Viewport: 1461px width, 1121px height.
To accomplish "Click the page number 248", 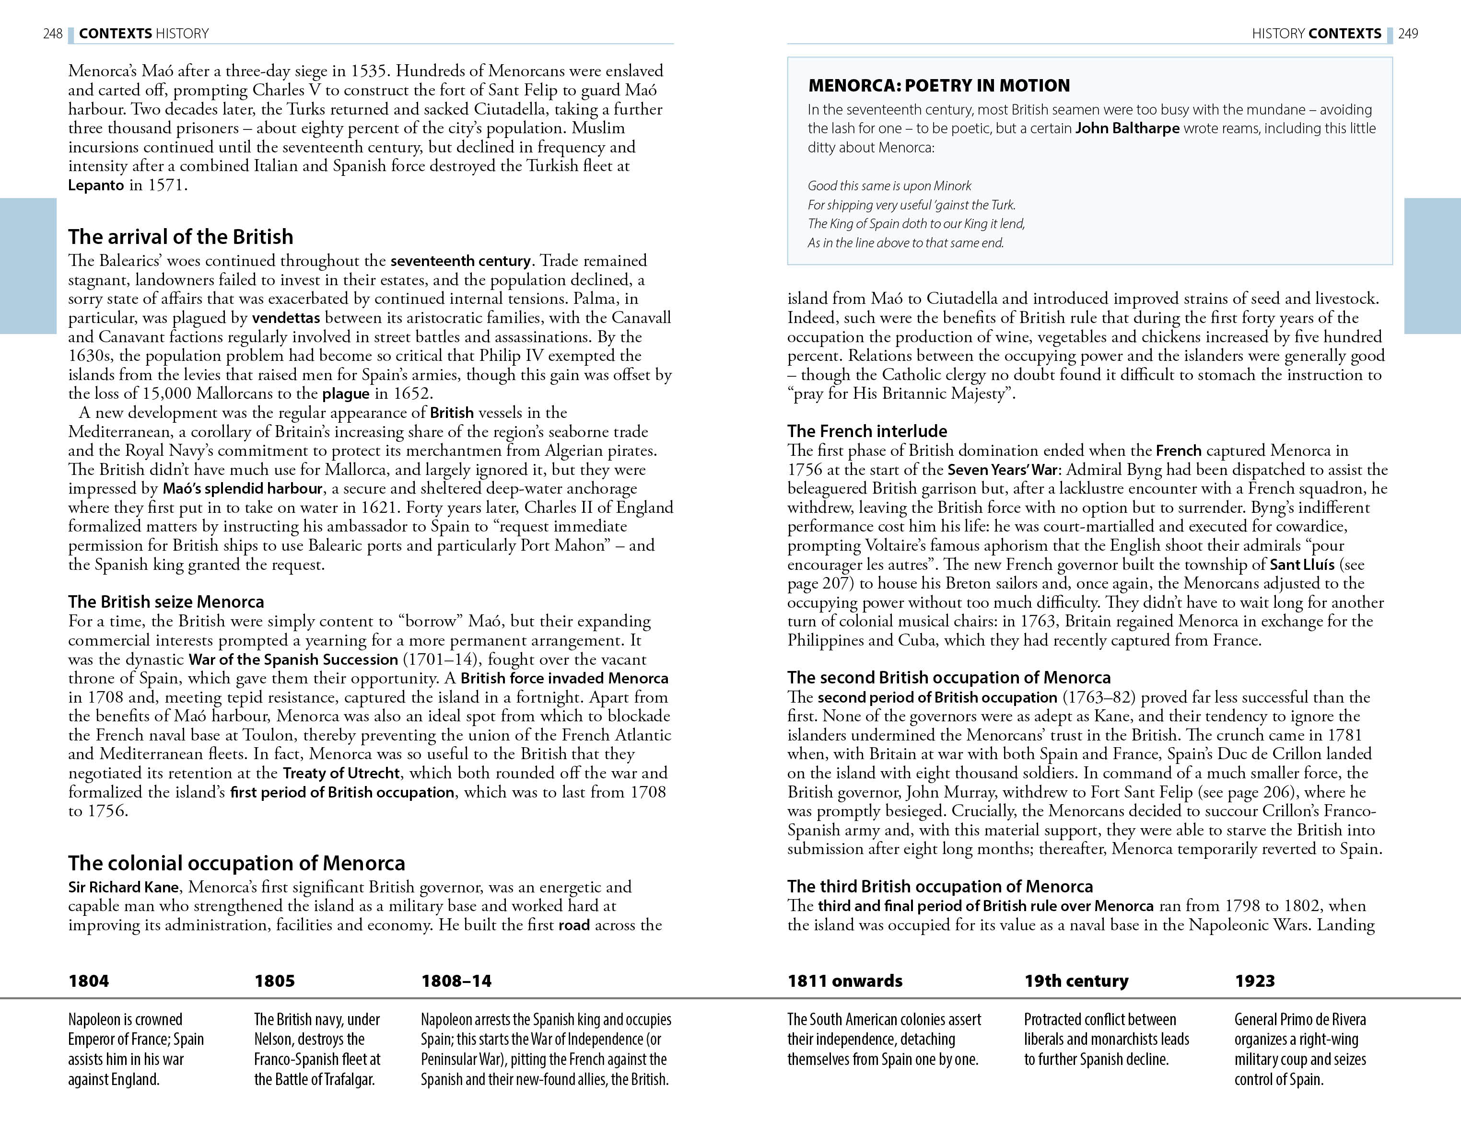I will pyautogui.click(x=53, y=34).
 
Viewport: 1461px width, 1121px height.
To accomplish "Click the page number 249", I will pyautogui.click(x=1408, y=34).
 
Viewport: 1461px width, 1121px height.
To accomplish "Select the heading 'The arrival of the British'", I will pyautogui.click(x=181, y=237).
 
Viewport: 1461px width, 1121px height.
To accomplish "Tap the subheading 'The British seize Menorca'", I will pyautogui.click(x=166, y=602).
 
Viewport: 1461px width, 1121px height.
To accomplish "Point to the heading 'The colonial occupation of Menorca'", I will pyautogui.click(x=236, y=864).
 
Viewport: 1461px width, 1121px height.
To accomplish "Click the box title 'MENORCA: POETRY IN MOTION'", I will pyautogui.click(x=938, y=85).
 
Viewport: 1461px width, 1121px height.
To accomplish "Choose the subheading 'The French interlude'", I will pyautogui.click(x=867, y=431).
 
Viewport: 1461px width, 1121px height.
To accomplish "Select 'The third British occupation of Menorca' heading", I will pyautogui.click(x=940, y=887).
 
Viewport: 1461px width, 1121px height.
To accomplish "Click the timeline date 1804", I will pyautogui.click(x=88, y=981).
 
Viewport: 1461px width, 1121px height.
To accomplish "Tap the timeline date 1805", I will pyautogui.click(x=274, y=981).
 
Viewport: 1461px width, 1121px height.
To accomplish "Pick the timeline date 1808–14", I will pyautogui.click(x=456, y=981).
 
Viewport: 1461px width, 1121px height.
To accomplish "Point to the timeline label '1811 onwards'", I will pyautogui.click(x=844, y=981).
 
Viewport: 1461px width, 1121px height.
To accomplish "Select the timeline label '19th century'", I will pyautogui.click(x=1076, y=981).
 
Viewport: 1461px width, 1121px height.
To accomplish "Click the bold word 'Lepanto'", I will pyautogui.click(x=96, y=185).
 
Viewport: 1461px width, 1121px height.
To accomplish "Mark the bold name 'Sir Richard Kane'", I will pyautogui.click(x=124, y=888).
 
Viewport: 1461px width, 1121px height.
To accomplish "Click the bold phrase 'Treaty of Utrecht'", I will pyautogui.click(x=341, y=774).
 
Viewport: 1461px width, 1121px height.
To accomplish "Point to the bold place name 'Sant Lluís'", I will pyautogui.click(x=1301, y=565).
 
